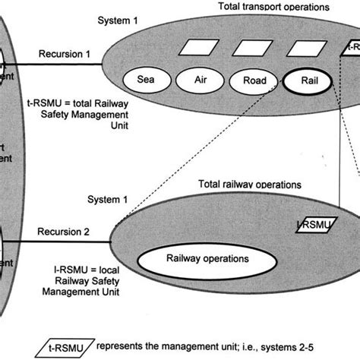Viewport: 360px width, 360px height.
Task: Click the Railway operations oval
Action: coord(207,258)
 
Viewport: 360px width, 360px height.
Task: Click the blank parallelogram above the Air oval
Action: coord(190,49)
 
